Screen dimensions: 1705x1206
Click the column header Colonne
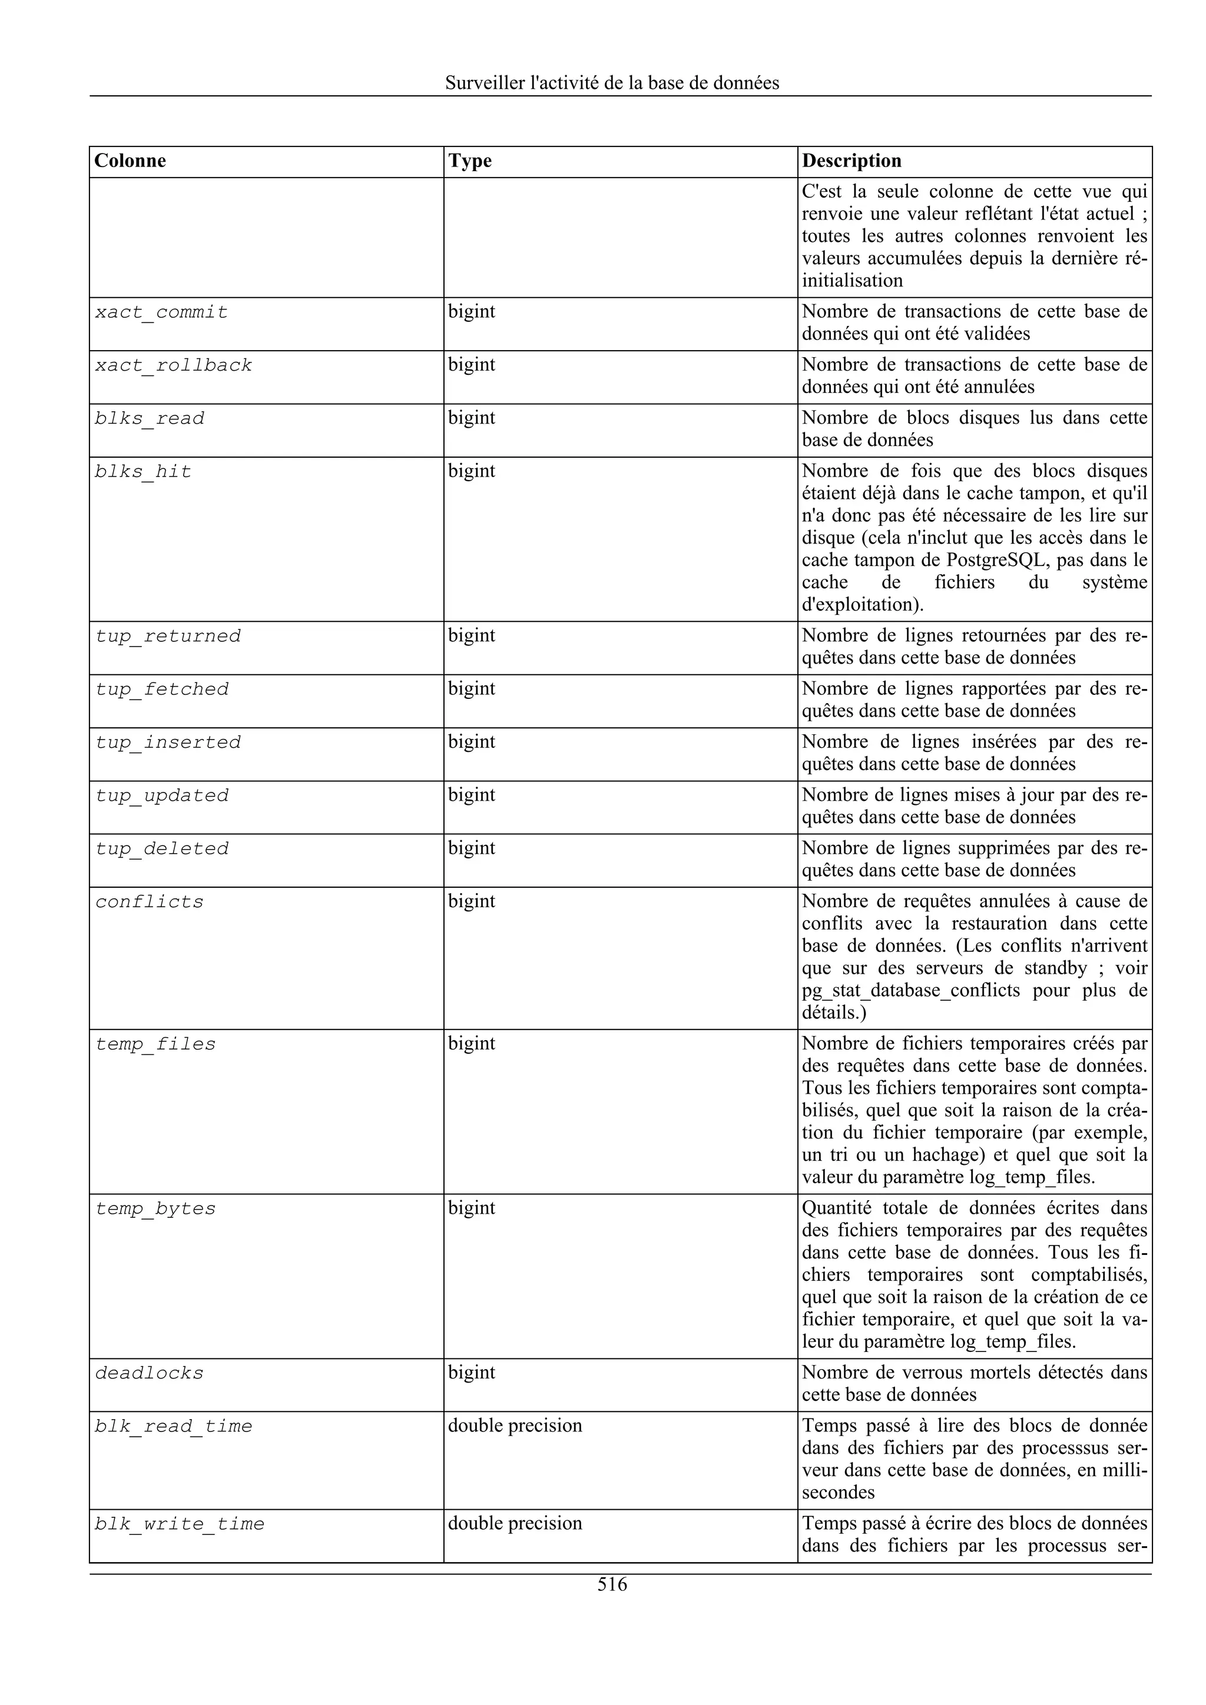coord(130,161)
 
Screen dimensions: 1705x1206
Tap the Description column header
coord(852,161)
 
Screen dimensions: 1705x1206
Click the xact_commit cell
coord(161,312)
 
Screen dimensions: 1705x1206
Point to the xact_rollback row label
coord(173,366)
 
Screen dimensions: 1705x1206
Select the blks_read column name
coord(150,419)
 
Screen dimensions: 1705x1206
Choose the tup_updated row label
coord(161,796)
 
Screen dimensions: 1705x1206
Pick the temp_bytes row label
coord(155,1209)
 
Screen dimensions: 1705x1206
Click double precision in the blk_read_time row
coord(515,1426)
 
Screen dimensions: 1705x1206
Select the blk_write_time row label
coord(179,1524)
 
